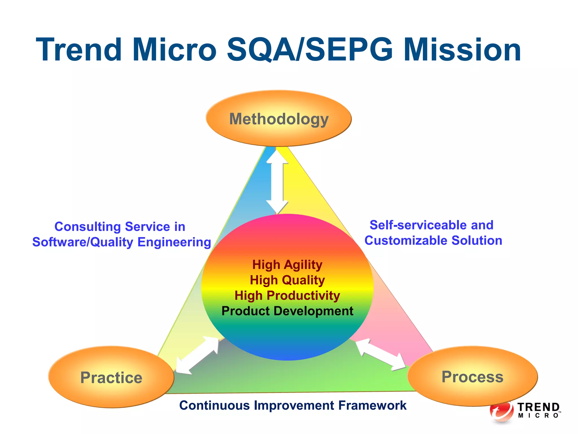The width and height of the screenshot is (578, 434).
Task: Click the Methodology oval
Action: [x=279, y=119]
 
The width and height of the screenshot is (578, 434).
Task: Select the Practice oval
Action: [x=111, y=377]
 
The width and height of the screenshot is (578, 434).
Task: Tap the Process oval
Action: [x=472, y=376]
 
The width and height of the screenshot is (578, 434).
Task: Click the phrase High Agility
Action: [x=287, y=265]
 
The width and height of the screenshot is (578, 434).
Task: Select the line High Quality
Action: [x=287, y=280]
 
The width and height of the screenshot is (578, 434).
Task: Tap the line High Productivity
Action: [x=287, y=296]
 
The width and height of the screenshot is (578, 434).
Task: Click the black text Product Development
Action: [x=287, y=311]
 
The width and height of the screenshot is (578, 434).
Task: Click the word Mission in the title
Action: [x=462, y=50]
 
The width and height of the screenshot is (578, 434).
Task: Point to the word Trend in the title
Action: [x=79, y=50]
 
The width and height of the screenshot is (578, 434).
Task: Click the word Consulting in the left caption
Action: [x=87, y=227]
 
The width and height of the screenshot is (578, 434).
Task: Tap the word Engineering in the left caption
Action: [x=174, y=242]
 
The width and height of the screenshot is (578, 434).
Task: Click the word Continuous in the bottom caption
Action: [x=214, y=405]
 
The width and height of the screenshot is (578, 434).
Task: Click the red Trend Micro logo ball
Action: [x=502, y=411]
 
